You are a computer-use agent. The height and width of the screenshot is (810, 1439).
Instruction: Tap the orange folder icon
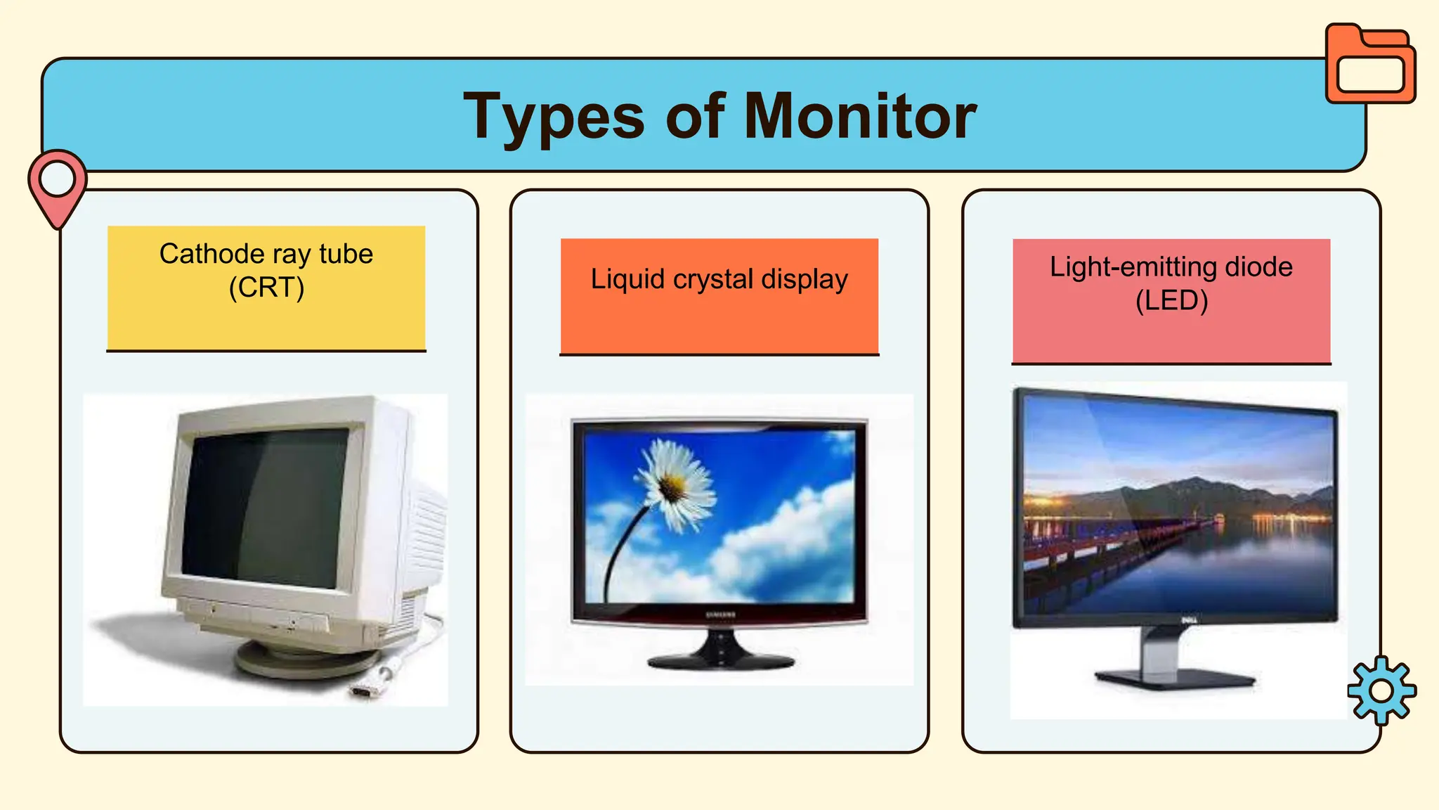click(x=1370, y=64)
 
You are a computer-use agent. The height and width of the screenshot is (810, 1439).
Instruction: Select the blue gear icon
click(x=1381, y=690)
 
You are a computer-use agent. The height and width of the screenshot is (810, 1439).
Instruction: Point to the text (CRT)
click(x=266, y=288)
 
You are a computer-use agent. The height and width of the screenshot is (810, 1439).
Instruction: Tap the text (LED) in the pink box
click(x=1171, y=301)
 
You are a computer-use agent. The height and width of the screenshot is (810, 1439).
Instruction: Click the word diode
click(x=1258, y=267)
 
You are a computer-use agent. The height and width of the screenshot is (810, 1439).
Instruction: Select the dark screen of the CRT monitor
click(x=263, y=506)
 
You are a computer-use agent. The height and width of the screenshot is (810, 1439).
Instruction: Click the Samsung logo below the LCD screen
click(x=720, y=615)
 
